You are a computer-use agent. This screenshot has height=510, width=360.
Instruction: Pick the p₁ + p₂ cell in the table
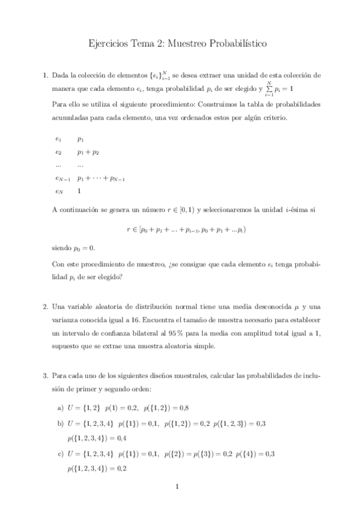coord(88,152)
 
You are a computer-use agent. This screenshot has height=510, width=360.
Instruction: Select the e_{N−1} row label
coord(63,178)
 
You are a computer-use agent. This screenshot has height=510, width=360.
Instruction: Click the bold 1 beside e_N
coord(79,191)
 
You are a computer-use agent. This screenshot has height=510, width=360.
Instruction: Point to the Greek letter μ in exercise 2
coord(295,307)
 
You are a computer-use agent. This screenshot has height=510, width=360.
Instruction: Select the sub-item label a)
coord(60,408)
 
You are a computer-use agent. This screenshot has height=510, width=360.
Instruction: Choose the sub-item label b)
coord(60,423)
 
